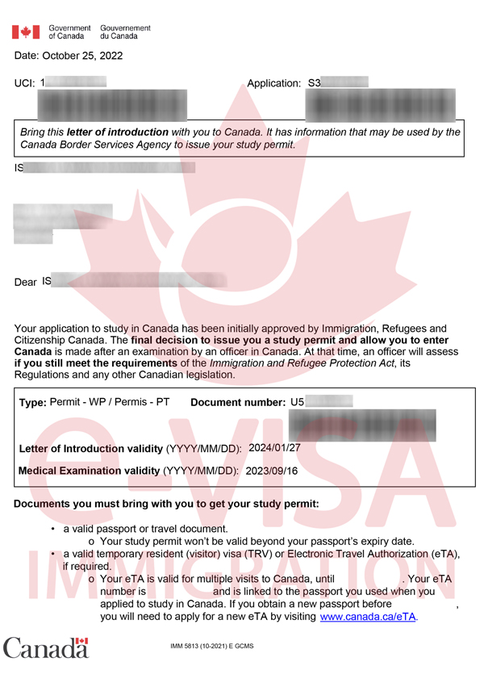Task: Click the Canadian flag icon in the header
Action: click(26, 32)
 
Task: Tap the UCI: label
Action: click(25, 84)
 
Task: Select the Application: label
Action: click(273, 84)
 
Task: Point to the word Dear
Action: click(26, 283)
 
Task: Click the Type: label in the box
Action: click(33, 402)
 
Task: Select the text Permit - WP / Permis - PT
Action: click(110, 402)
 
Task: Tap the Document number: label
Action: click(238, 402)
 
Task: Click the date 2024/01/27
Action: click(276, 448)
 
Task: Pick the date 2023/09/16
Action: click(272, 470)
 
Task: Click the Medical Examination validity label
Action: click(89, 470)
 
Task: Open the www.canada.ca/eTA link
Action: click(369, 616)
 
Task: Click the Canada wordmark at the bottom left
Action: click(45, 647)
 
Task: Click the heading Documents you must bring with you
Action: click(166, 504)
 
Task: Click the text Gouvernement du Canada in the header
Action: click(125, 32)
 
